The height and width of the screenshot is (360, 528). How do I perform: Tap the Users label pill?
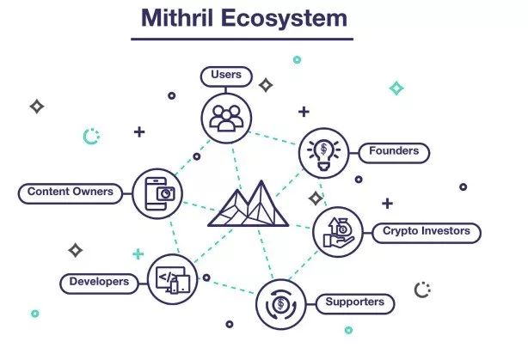coord(226,76)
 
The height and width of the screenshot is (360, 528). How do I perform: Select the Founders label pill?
coord(394,152)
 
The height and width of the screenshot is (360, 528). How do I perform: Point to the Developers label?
coord(101,282)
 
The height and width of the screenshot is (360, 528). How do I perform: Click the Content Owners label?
coord(70,192)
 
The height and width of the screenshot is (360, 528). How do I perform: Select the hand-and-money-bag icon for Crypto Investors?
coord(336,232)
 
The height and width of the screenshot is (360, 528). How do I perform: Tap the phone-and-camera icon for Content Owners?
coord(158,192)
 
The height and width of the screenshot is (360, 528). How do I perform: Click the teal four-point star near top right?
coord(396,88)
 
